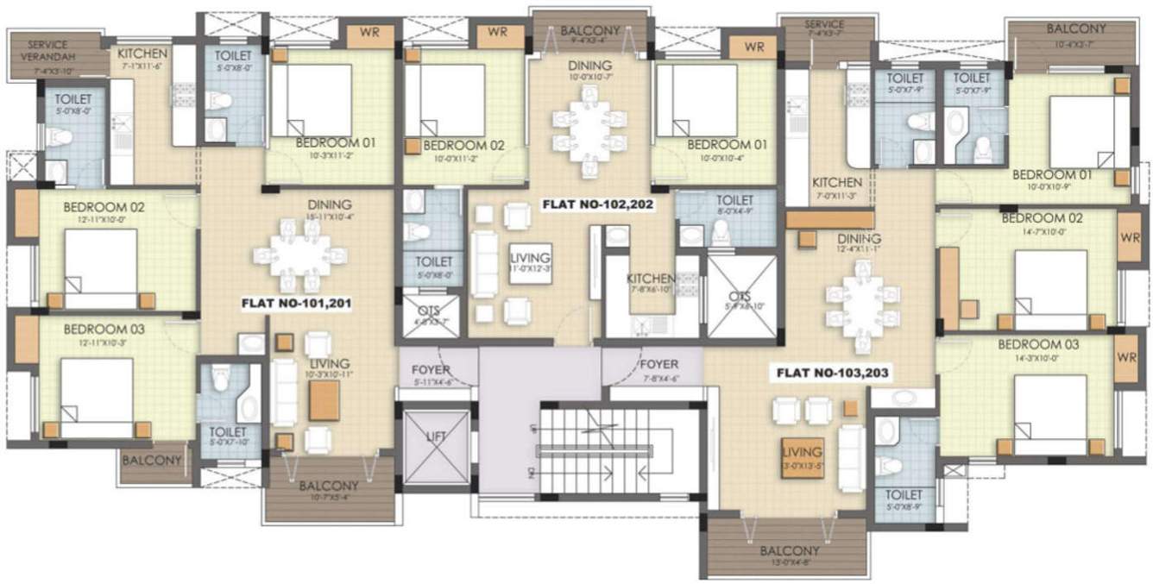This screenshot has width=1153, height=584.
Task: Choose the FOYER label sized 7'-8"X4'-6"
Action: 659,370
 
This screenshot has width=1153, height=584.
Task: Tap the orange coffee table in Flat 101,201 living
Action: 324,399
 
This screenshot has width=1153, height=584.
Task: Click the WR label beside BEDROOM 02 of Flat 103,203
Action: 1127,237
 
